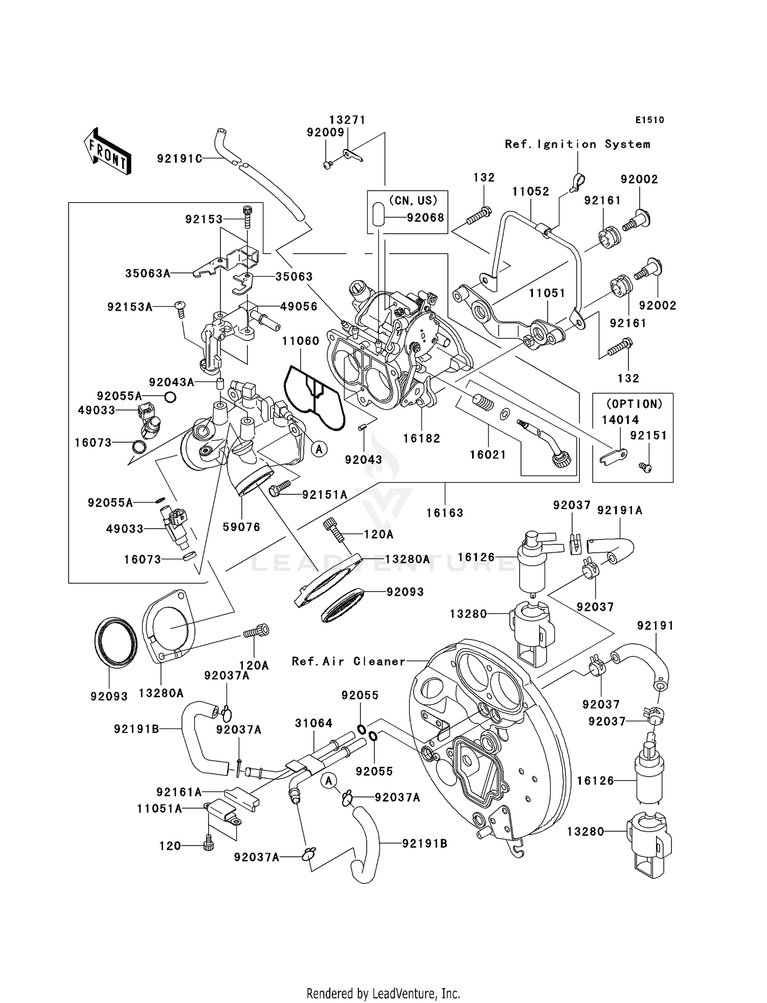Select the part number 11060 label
pyautogui.click(x=300, y=341)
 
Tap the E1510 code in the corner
pyautogui.click(x=649, y=120)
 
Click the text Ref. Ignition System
pyautogui.click(x=577, y=145)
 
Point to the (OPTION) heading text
pyautogui.click(x=634, y=404)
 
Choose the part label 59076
pyautogui.click(x=241, y=527)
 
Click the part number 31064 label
pyautogui.click(x=313, y=723)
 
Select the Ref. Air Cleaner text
pyautogui.click(x=348, y=662)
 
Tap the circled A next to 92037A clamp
pyautogui.click(x=329, y=781)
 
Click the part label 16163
pyautogui.click(x=444, y=513)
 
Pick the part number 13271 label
pyautogui.click(x=347, y=120)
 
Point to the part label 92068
pyautogui.click(x=425, y=218)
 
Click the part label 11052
pyautogui.click(x=530, y=192)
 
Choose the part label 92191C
pyautogui.click(x=179, y=159)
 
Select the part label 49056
pyautogui.click(x=299, y=307)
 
